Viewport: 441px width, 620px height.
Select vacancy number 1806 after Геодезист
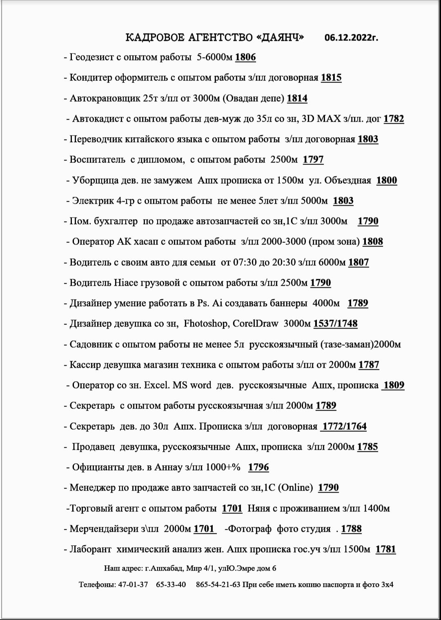tap(245, 57)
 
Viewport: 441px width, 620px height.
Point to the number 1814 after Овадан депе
tap(297, 98)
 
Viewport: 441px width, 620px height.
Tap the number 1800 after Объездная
tap(386, 180)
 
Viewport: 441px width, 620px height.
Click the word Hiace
tap(127, 282)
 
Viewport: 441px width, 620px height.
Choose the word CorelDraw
tap(255, 324)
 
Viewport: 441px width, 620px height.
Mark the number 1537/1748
tap(335, 324)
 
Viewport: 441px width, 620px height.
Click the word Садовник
tap(91, 344)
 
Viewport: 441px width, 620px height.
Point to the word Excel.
tap(157, 385)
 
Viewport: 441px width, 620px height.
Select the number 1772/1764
tap(344, 426)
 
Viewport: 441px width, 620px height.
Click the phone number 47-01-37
tap(133, 584)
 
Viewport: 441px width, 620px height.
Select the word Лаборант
tap(90, 549)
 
